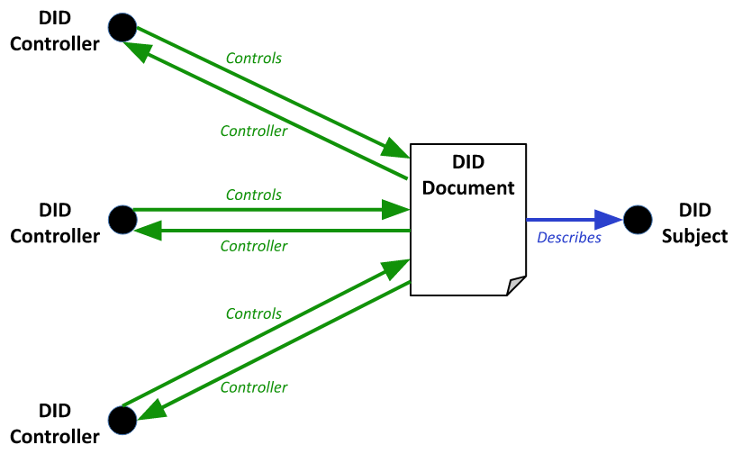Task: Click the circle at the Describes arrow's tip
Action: pyautogui.click(x=638, y=220)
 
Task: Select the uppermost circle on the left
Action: pyautogui.click(x=122, y=27)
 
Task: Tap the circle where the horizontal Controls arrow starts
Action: pyautogui.click(x=122, y=219)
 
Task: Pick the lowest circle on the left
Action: pyautogui.click(x=122, y=420)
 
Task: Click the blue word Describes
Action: pyautogui.click(x=569, y=239)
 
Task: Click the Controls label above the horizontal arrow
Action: pyautogui.click(x=253, y=195)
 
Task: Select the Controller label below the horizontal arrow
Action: pyautogui.click(x=253, y=246)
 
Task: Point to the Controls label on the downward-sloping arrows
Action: pyautogui.click(x=253, y=59)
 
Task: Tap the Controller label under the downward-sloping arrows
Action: pyautogui.click(x=253, y=132)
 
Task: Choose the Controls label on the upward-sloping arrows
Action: pyautogui.click(x=253, y=314)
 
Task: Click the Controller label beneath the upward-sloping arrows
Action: pyautogui.click(x=253, y=387)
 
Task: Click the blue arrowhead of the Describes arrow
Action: pyautogui.click(x=610, y=220)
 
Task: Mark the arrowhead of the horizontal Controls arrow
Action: pyautogui.click(x=395, y=210)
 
